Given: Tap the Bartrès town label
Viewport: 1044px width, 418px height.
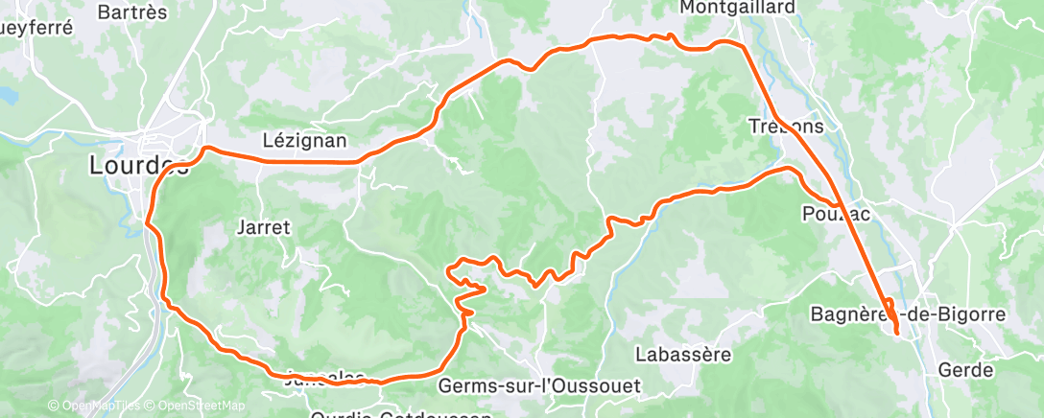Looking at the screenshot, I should (132, 12).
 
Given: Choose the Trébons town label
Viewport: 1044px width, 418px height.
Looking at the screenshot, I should (786, 126).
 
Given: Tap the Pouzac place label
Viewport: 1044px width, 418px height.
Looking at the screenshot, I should (836, 214).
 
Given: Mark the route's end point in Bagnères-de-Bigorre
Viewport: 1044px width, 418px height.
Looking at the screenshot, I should (896, 332).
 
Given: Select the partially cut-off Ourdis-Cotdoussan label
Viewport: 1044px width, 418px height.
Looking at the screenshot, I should (402, 414).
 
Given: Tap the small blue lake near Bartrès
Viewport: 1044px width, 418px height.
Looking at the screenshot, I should (8, 96).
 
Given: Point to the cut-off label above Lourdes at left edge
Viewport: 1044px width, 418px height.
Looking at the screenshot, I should (36, 28).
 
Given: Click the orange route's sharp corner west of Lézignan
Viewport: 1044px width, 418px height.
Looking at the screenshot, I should (205, 148).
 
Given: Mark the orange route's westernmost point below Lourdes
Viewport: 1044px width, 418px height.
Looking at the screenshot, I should (147, 224).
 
